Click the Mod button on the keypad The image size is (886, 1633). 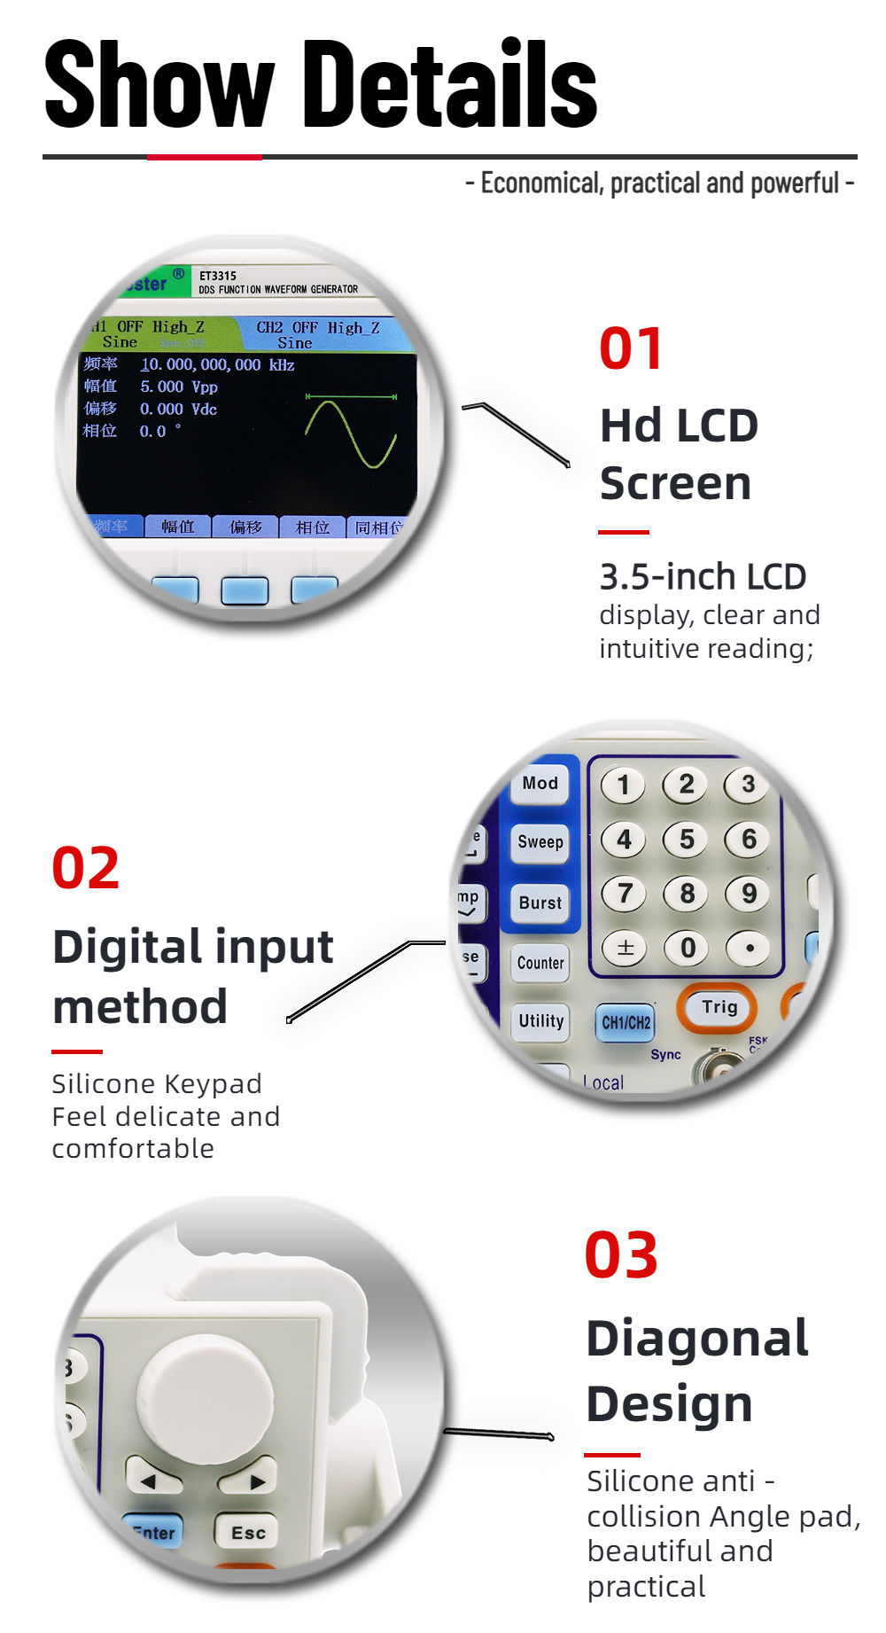coord(540,784)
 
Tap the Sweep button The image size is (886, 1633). coord(540,842)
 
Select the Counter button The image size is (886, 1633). coord(540,963)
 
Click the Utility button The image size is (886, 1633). coord(540,1021)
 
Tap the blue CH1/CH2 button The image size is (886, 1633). coord(626,1022)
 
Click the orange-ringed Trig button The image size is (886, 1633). coord(719,1007)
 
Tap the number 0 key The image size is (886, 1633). coord(688,948)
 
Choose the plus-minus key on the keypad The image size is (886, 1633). coord(625,948)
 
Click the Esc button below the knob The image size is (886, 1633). coord(247,1533)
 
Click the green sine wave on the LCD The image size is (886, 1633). coord(351,434)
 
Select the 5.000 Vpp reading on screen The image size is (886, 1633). coord(178,387)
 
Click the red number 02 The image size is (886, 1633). coord(85,868)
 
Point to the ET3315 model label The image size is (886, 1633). coord(218,276)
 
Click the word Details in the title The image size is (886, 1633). coord(450,85)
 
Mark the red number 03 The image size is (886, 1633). coord(621,1256)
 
